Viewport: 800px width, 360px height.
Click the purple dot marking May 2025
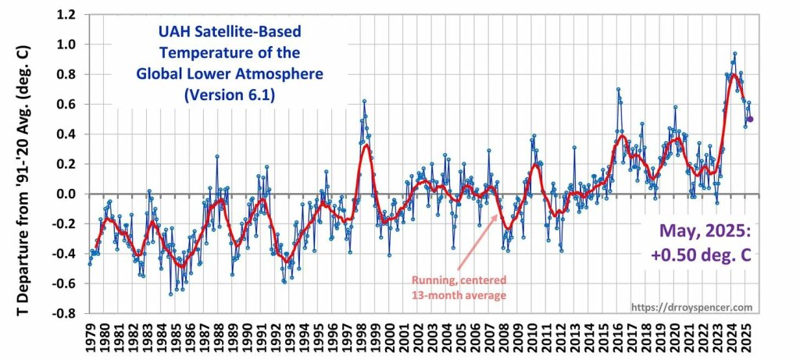tap(751, 119)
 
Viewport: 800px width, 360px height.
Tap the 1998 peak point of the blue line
tap(364, 102)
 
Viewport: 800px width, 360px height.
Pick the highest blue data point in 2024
tap(734, 54)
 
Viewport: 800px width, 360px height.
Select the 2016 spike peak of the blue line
tap(618, 89)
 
